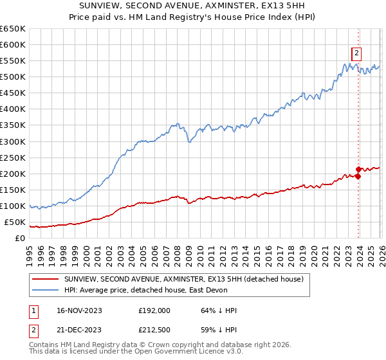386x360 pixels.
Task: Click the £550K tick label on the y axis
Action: click(x=13, y=61)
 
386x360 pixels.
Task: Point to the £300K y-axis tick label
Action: click(x=13, y=141)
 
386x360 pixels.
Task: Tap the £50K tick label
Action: click(x=15, y=222)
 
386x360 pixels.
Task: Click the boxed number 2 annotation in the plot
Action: click(x=356, y=53)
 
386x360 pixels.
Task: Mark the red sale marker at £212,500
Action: click(x=359, y=170)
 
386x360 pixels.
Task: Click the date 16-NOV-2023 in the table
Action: click(x=79, y=310)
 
